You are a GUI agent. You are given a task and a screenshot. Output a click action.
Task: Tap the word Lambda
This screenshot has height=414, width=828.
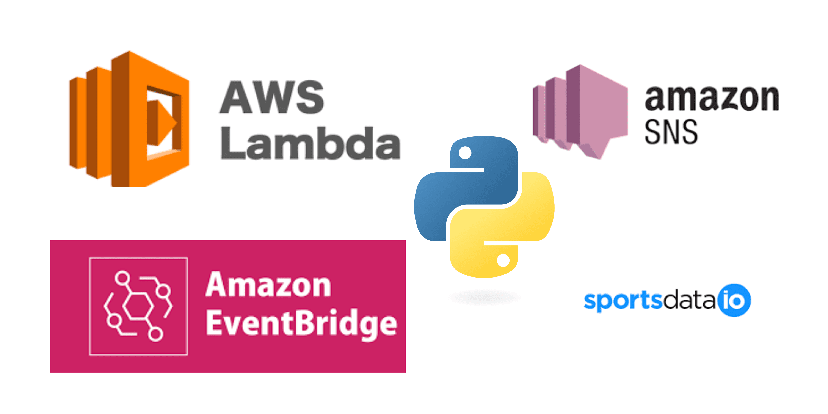point(310,143)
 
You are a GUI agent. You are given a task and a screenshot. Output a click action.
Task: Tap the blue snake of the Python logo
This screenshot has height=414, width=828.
point(466,190)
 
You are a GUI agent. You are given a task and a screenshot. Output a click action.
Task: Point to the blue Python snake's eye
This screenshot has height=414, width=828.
point(465,153)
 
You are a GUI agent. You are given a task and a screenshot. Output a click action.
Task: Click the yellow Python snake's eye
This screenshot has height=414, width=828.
point(503,260)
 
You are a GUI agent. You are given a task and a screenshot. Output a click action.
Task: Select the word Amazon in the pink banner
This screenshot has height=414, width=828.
point(268,285)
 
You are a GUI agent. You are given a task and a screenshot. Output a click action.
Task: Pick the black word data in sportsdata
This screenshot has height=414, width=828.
point(689,300)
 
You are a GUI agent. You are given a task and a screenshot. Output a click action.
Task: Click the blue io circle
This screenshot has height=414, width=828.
point(734,300)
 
